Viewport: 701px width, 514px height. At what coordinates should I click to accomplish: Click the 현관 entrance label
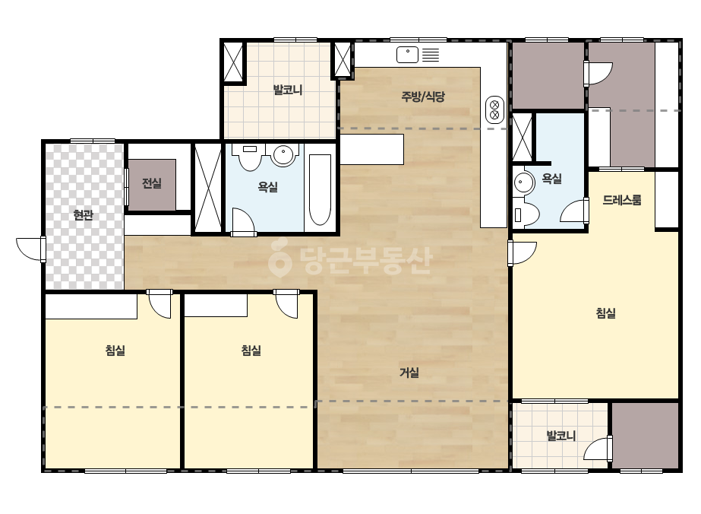tap(83, 215)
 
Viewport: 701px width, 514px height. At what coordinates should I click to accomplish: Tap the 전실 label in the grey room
tap(152, 182)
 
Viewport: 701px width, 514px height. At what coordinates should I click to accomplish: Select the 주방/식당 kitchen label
tap(423, 97)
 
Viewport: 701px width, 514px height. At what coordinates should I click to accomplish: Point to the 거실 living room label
tap(409, 372)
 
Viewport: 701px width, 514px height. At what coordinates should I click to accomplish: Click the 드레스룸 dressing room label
tap(622, 200)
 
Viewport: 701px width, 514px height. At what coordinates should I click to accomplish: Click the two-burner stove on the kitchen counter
tap(494, 109)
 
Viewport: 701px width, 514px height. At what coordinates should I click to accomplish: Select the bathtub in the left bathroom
tap(320, 190)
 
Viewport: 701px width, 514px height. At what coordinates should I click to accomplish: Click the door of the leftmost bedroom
tap(159, 303)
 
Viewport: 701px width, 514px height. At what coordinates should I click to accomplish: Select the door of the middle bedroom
tap(286, 303)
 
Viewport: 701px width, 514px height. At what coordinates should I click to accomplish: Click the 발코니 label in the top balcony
tap(288, 90)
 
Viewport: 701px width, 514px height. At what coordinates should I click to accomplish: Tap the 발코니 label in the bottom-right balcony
tap(561, 435)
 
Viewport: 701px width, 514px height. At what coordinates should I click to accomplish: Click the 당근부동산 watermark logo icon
tap(279, 258)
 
